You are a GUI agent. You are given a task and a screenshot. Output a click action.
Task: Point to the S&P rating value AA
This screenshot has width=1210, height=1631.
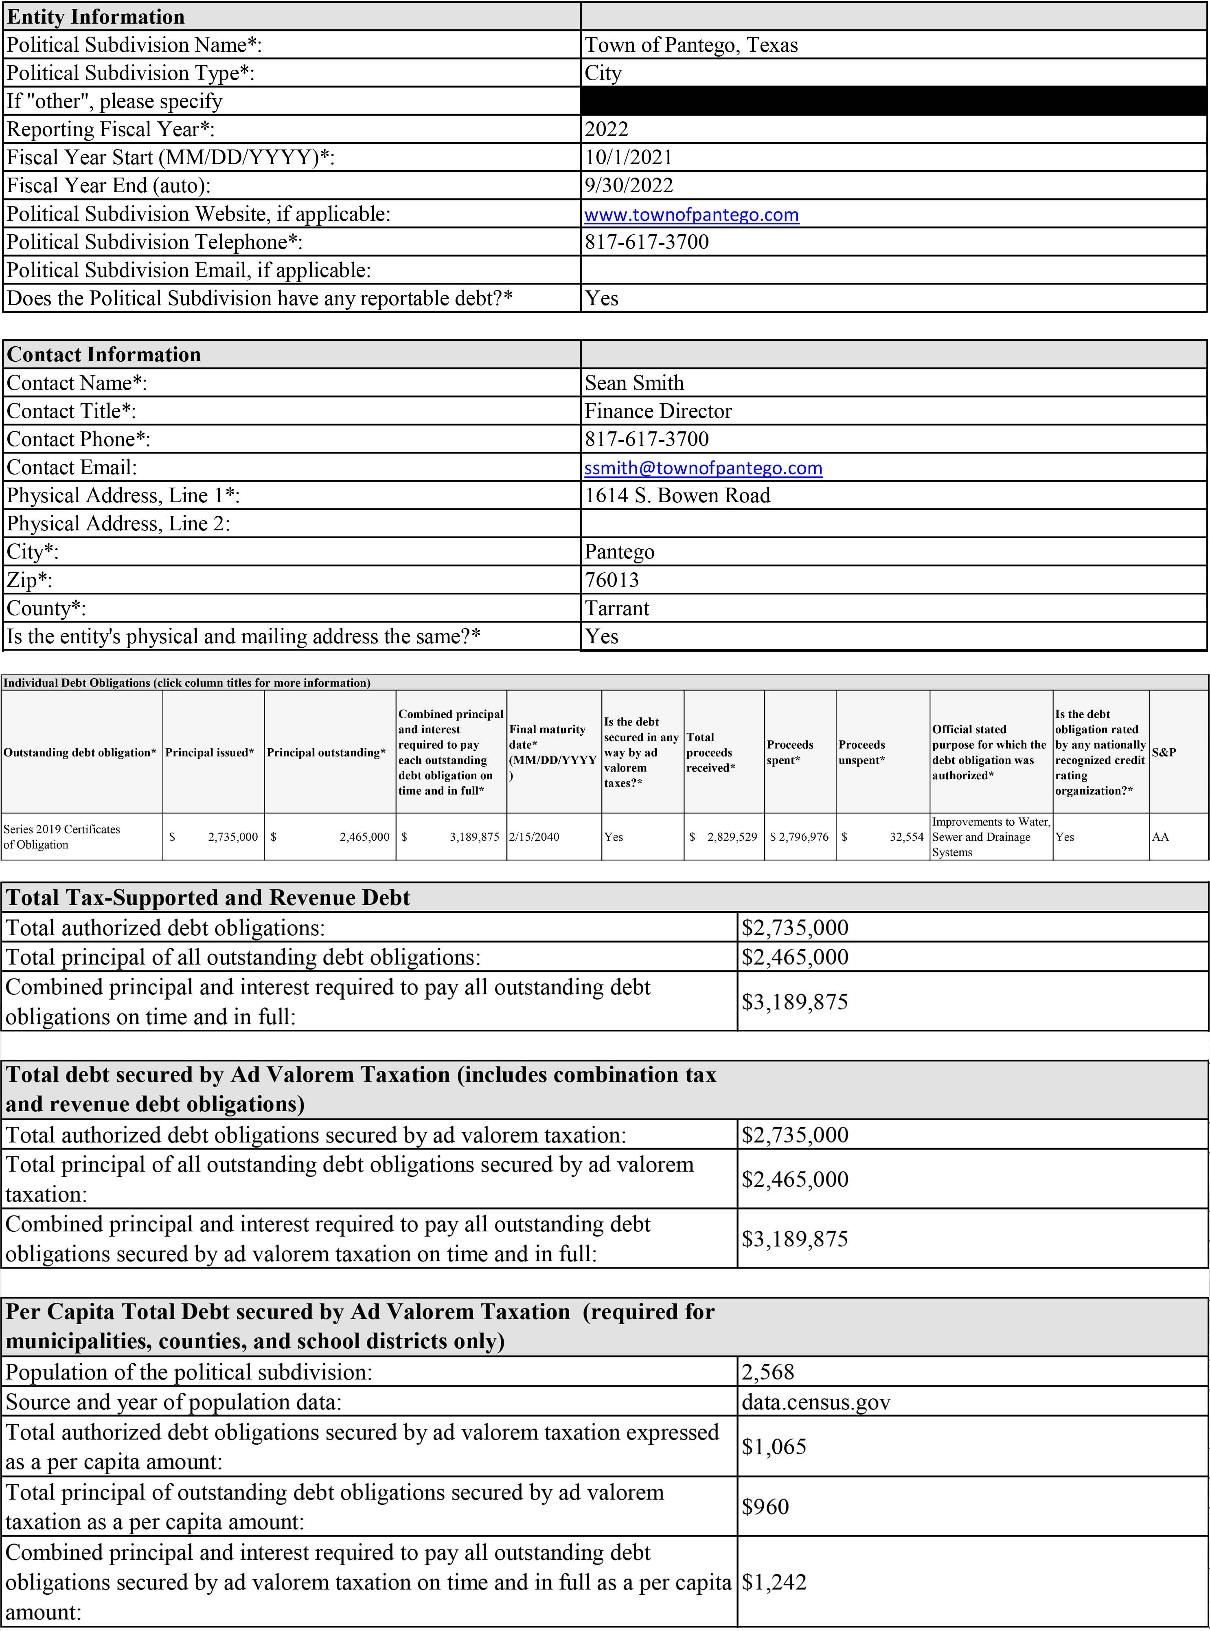[x=1160, y=837]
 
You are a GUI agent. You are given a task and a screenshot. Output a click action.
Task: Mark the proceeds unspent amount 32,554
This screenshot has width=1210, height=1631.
[x=906, y=837]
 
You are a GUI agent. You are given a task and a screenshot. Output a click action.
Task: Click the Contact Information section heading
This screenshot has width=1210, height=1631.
[x=103, y=355]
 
